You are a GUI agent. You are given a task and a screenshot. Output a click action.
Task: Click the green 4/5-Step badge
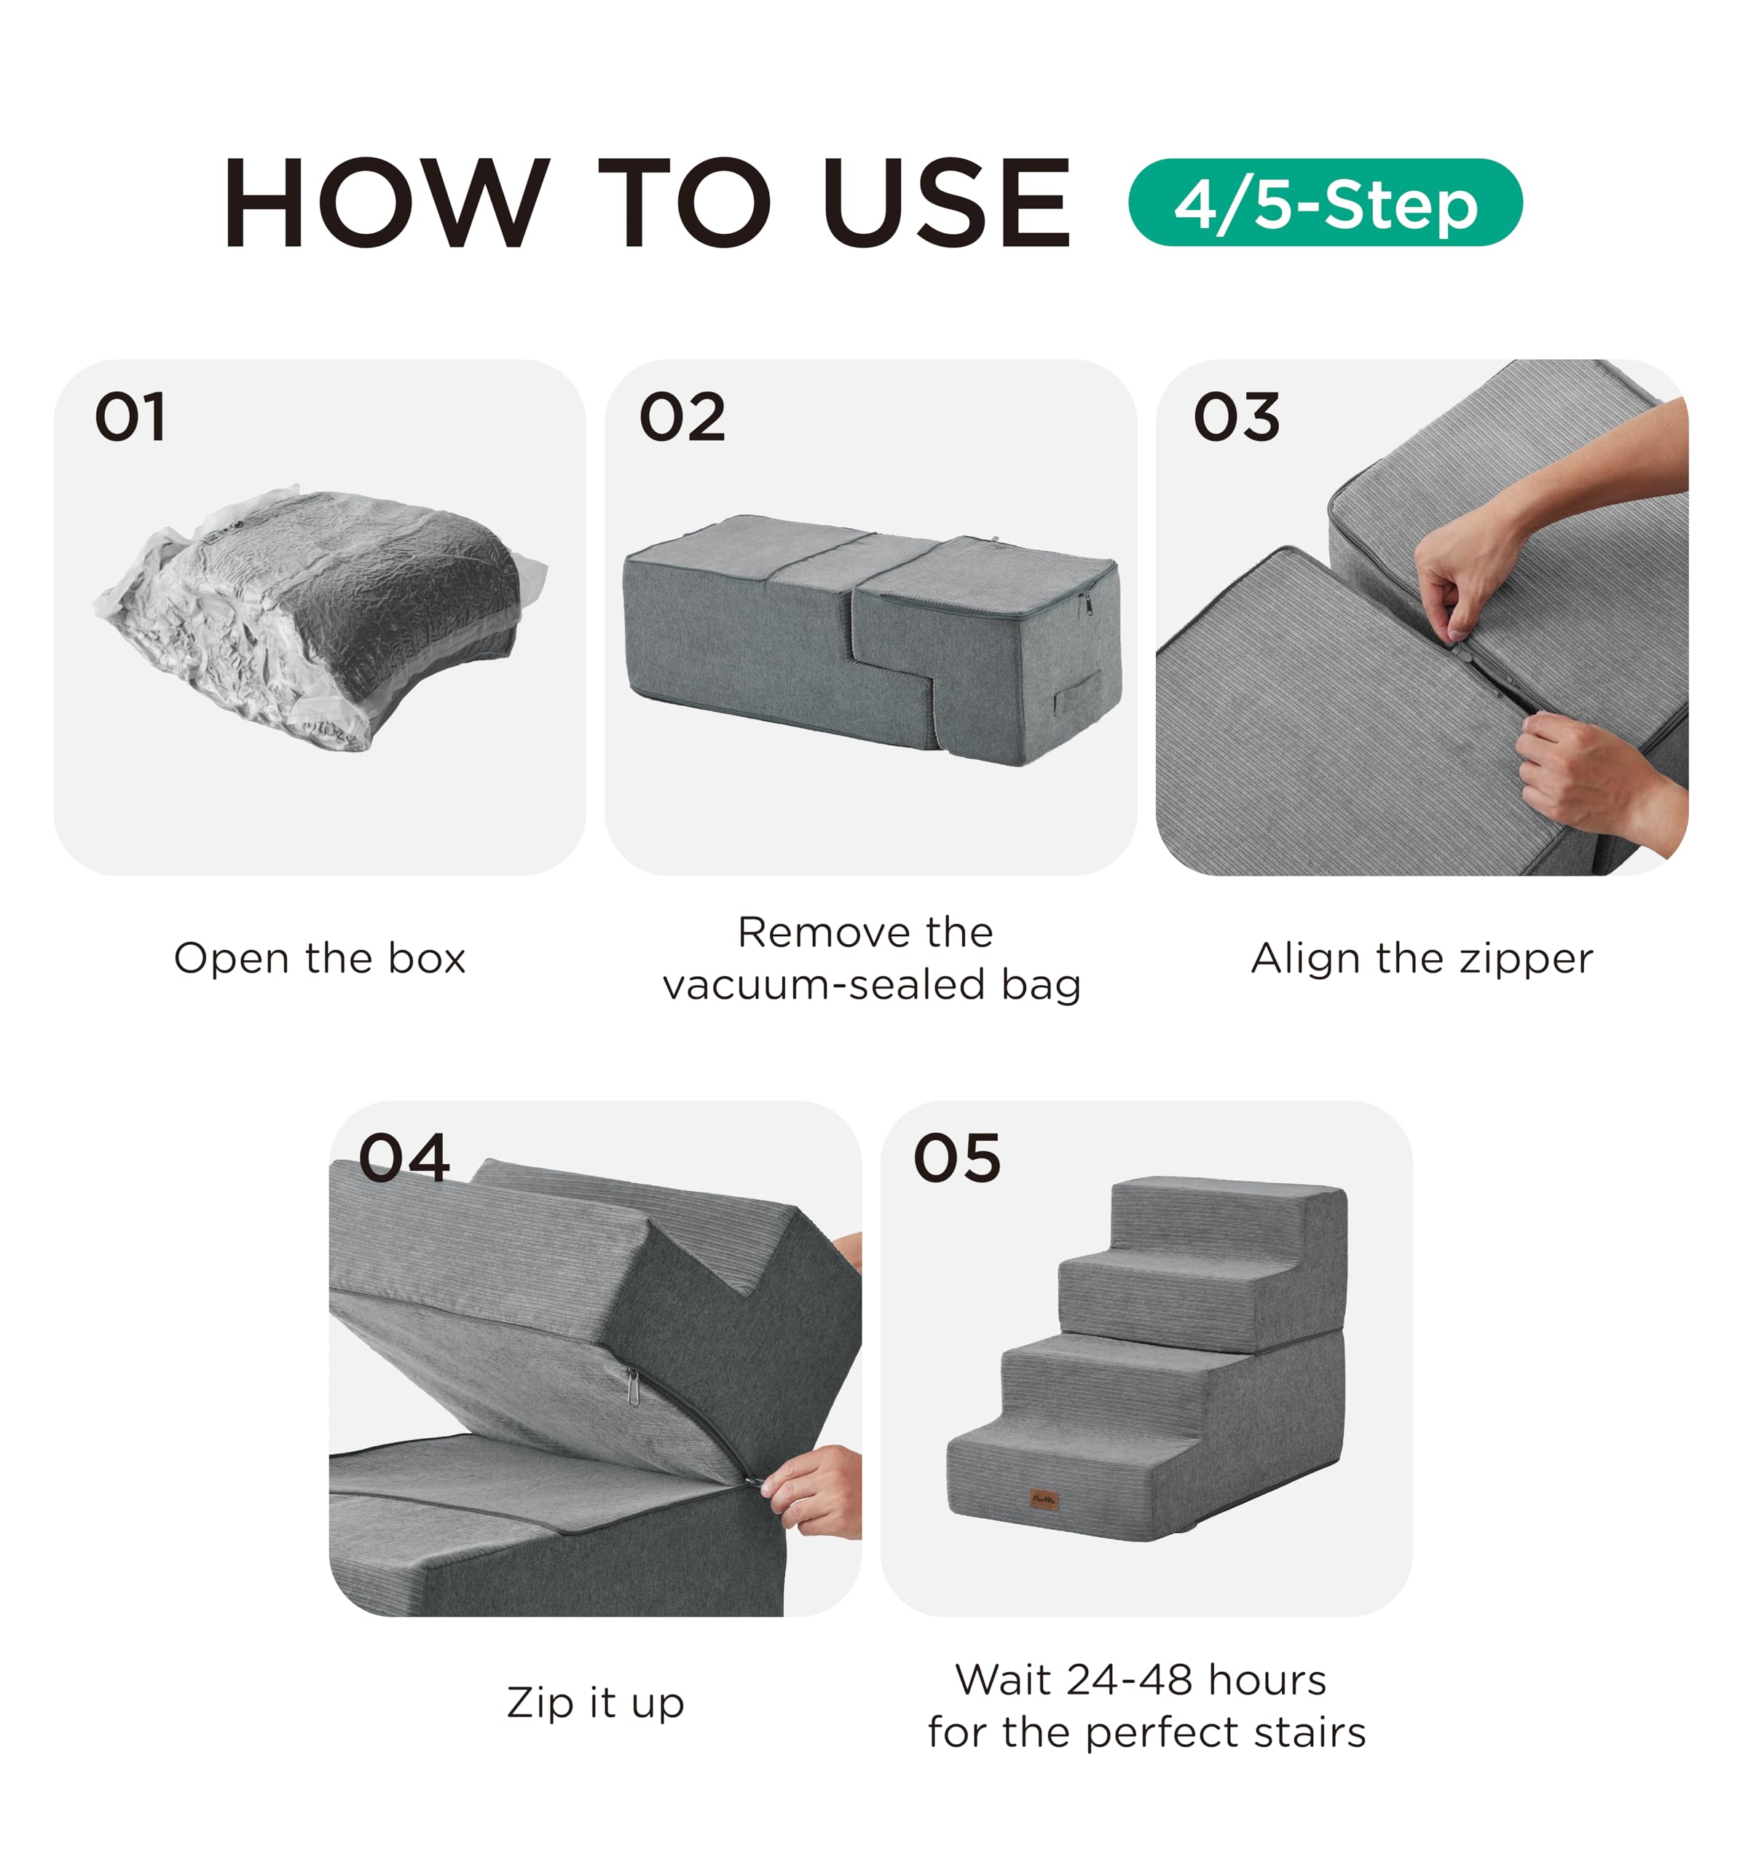(x=1323, y=203)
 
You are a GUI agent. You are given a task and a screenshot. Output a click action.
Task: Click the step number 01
(x=130, y=417)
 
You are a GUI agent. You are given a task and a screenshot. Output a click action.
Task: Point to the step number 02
(x=682, y=417)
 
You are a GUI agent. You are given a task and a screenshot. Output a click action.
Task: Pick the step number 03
(x=1236, y=417)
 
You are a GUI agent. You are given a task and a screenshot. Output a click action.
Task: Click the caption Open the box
(x=320, y=959)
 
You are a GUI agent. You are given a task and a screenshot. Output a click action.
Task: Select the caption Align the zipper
(x=1422, y=959)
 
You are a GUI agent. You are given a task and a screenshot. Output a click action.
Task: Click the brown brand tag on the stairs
(x=1044, y=1498)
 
